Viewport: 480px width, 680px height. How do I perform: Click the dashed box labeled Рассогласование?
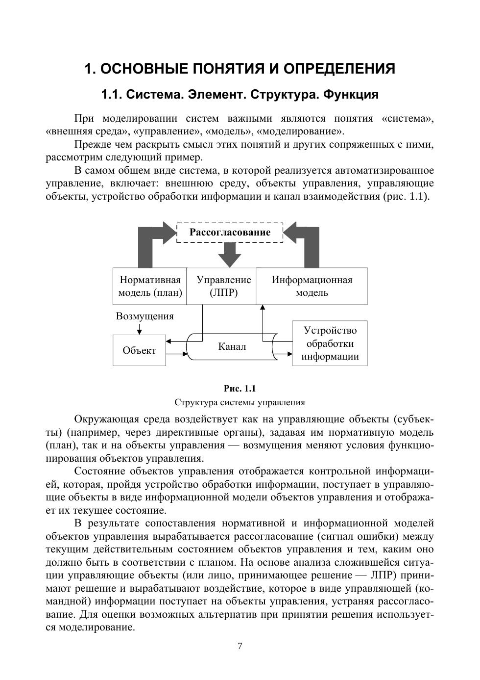click(230, 233)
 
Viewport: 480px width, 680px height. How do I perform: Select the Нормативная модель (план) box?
click(150, 286)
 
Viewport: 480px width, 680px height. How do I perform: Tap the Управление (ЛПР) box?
click(223, 286)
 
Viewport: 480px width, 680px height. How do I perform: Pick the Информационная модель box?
click(312, 286)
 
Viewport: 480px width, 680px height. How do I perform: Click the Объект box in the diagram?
click(139, 350)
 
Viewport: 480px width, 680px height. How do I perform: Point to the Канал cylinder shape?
click(232, 347)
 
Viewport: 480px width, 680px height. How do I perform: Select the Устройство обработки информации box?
click(330, 343)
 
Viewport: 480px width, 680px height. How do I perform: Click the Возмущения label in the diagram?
click(144, 316)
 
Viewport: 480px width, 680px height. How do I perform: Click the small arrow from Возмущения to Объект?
click(140, 328)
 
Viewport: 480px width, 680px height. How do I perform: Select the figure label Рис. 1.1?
click(240, 389)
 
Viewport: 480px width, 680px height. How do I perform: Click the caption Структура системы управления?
click(240, 402)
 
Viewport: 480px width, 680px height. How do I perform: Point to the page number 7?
click(240, 646)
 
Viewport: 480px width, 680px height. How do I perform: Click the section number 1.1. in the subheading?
click(112, 94)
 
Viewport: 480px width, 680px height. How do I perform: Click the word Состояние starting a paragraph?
click(100, 471)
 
